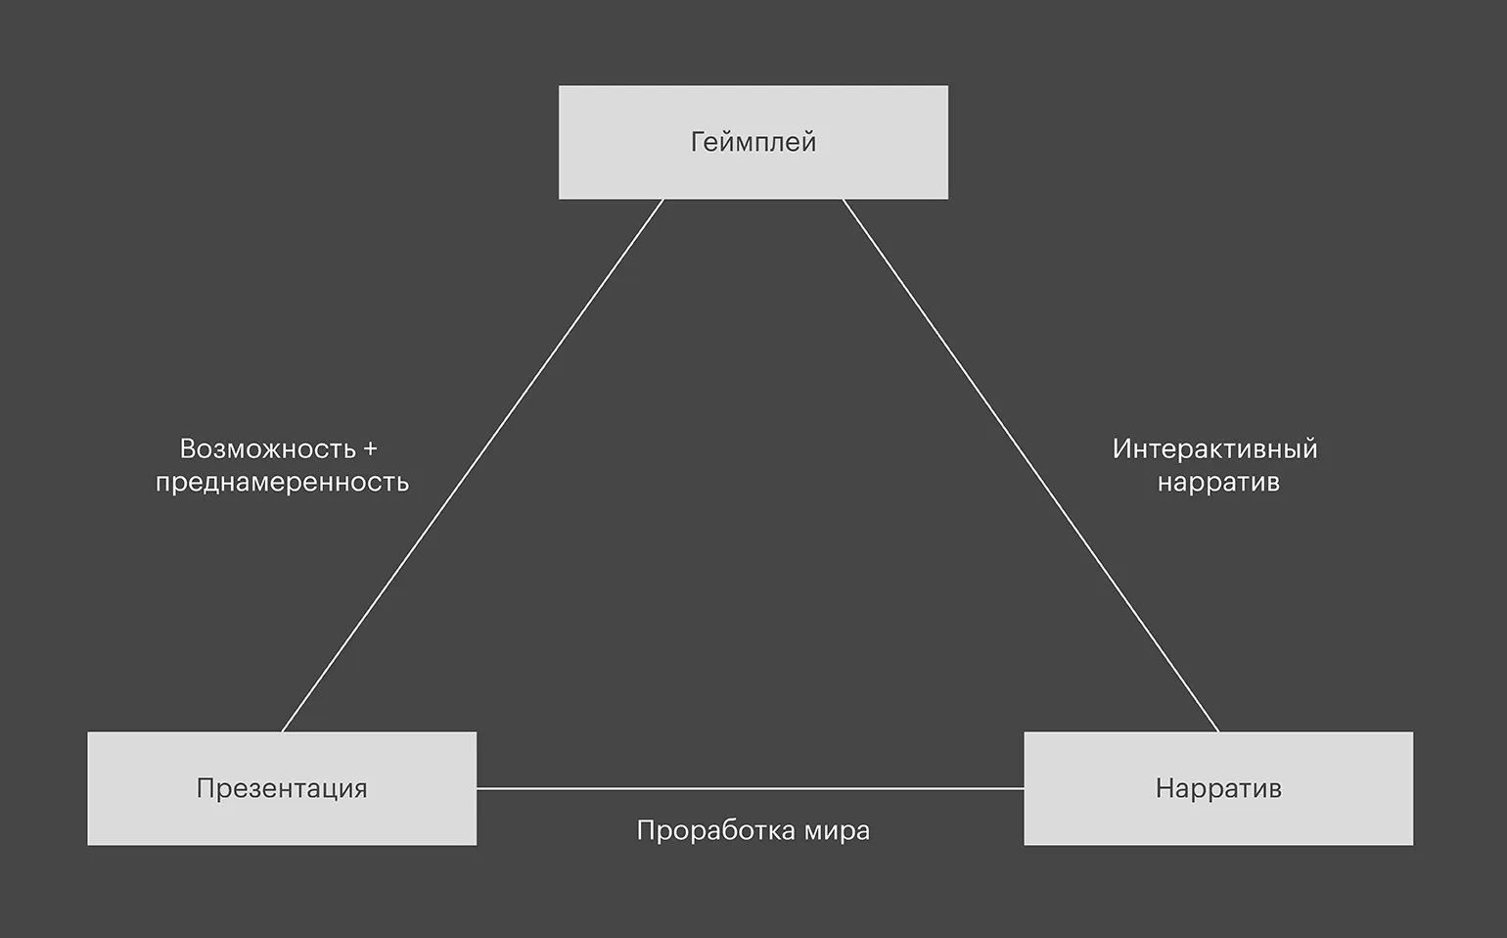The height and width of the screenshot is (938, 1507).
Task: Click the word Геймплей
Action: (753, 143)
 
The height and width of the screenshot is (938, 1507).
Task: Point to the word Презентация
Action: (282, 788)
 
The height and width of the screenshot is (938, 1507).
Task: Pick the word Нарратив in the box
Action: (1217, 788)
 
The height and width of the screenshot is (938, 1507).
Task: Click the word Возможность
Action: (267, 449)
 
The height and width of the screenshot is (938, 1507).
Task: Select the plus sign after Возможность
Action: (369, 450)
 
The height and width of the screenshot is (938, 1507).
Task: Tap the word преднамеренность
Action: (282, 483)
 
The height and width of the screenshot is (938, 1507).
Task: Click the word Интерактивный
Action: (1214, 449)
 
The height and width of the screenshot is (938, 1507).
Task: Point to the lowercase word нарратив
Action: (1217, 483)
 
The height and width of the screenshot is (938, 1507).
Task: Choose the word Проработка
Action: (715, 830)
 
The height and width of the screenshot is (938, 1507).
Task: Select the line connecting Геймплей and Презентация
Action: (473, 465)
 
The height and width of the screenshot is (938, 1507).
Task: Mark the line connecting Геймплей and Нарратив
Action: (1030, 465)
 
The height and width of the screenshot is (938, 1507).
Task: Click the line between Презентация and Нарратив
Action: (750, 788)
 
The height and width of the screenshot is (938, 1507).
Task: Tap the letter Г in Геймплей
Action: (698, 142)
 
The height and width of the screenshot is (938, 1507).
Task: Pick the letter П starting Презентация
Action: (205, 788)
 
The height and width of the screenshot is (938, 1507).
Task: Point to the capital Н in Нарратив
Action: (1164, 788)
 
